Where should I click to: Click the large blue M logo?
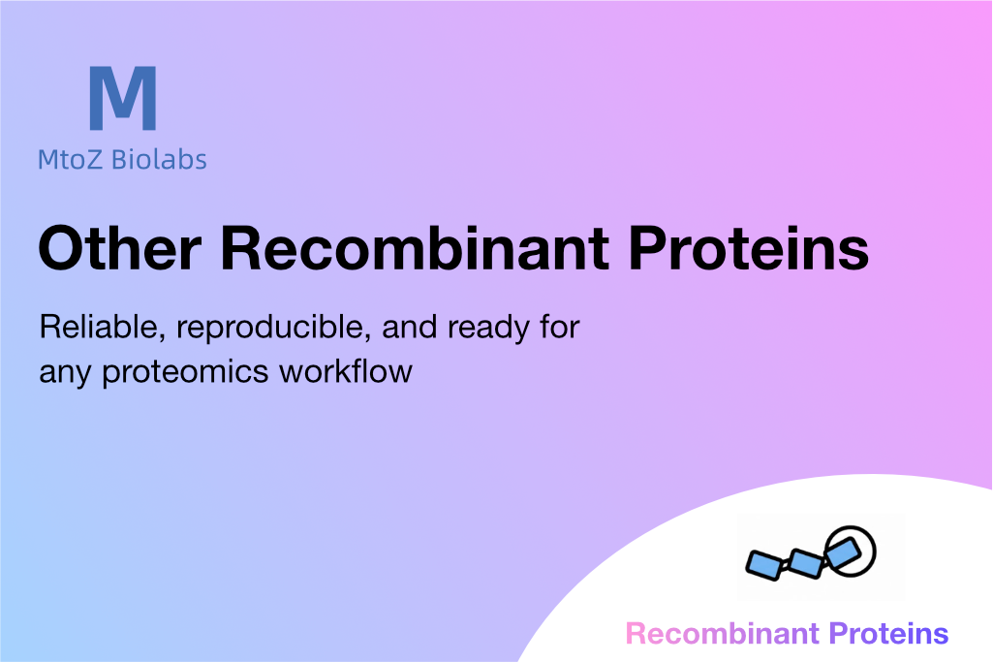pos(123,98)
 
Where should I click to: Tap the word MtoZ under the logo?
pos(70,160)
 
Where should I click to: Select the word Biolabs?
pos(159,159)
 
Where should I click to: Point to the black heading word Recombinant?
pos(415,248)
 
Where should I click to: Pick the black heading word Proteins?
pos(749,248)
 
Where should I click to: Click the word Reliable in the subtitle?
pos(103,328)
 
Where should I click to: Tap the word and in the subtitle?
pos(409,327)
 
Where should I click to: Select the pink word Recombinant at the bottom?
pos(722,634)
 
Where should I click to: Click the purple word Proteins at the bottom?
pos(888,634)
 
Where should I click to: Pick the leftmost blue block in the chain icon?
pos(765,565)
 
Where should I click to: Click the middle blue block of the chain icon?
pos(806,563)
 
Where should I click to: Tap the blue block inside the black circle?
pos(843,552)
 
